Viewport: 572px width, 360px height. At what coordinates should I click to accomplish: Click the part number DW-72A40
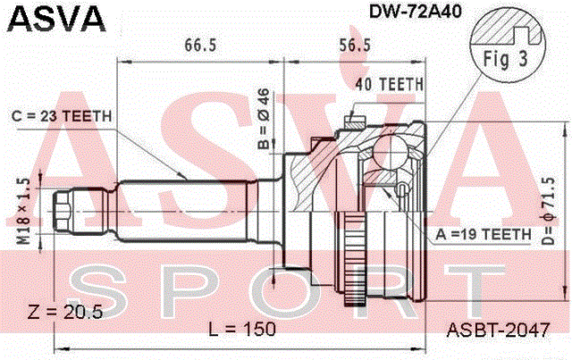[x=415, y=12]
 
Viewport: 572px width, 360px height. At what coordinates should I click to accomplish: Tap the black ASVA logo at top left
[x=56, y=18]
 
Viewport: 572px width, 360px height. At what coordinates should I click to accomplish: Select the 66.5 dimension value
[x=200, y=46]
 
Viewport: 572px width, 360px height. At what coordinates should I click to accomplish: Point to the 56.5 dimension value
[x=355, y=46]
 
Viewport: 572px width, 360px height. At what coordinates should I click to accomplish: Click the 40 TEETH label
[x=390, y=85]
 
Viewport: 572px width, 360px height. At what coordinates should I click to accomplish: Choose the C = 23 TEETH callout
[x=62, y=116]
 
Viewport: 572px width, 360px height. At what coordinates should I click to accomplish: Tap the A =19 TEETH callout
[x=484, y=235]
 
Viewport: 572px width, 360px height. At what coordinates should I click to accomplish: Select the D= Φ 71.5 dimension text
[x=548, y=211]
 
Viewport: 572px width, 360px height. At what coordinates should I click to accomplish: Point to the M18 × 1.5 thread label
[x=24, y=212]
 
